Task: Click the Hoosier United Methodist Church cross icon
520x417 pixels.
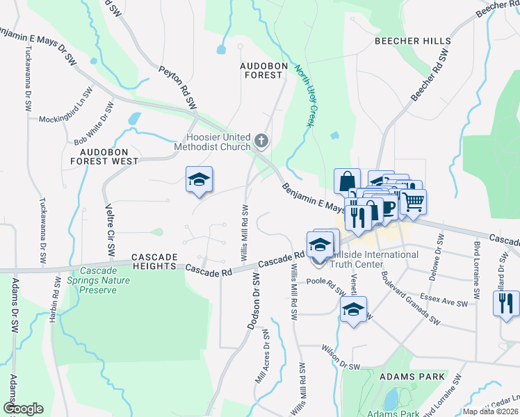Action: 261,142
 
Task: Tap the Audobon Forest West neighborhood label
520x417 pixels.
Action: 108,156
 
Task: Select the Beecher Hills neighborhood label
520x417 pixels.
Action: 412,41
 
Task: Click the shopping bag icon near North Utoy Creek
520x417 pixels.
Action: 347,181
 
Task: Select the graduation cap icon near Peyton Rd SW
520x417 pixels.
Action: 199,180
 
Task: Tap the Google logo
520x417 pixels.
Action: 23,409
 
